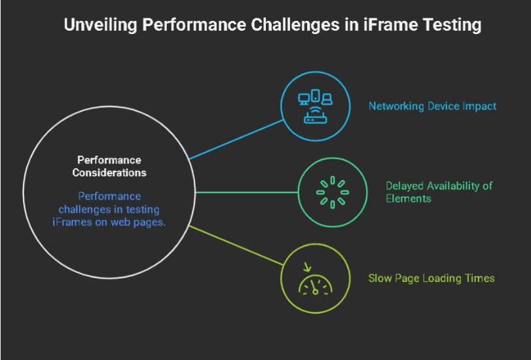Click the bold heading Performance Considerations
pos(109,166)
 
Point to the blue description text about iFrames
pos(109,209)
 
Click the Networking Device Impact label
pos(432,106)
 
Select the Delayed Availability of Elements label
pos(439,192)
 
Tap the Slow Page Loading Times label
pos(431,278)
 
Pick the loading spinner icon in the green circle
pos(333,192)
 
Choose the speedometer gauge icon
pos(316,285)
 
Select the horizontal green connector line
pos(247,192)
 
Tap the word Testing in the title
pos(452,26)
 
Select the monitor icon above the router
pos(304,98)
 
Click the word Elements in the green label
pos(409,198)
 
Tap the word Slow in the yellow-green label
pos(380,278)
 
